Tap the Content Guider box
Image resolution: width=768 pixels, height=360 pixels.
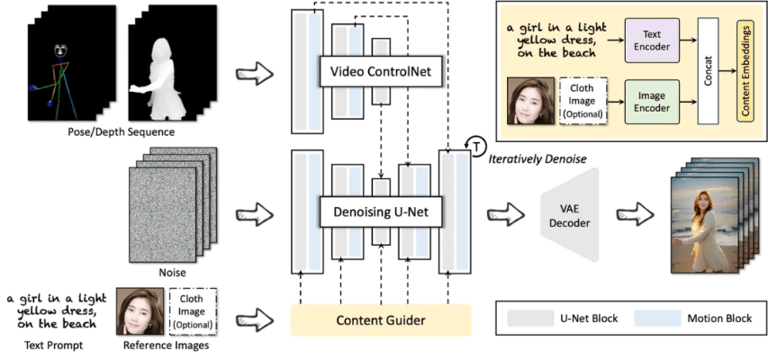tap(381, 319)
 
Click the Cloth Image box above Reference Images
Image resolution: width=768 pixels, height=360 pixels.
tap(192, 311)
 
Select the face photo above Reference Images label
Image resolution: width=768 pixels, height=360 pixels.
tap(140, 311)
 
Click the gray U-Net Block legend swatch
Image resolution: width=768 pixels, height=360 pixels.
tap(529, 318)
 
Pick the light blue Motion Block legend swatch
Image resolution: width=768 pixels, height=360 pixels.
tap(656, 318)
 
